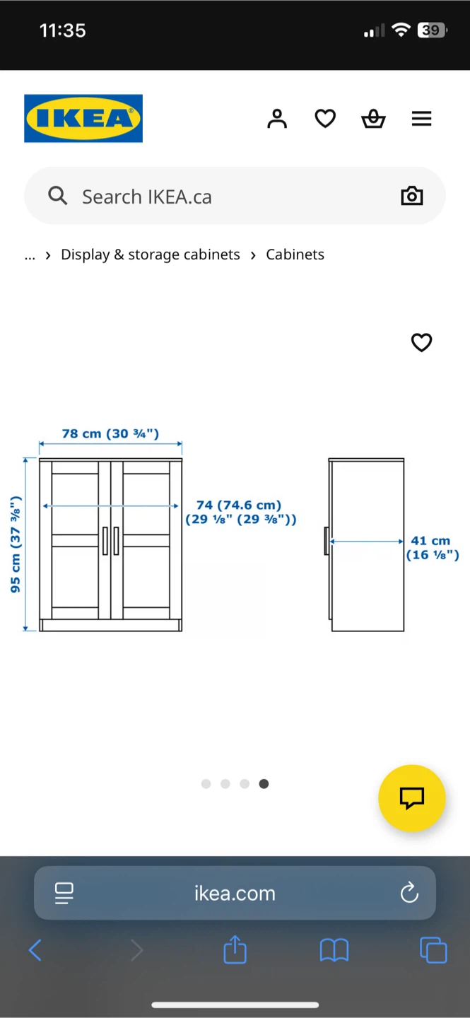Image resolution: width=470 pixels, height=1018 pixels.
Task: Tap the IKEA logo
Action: coord(83,118)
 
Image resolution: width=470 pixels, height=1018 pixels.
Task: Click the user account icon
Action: coord(277,119)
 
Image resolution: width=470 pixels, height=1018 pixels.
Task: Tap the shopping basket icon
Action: coord(373,119)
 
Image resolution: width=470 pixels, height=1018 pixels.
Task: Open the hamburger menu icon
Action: coord(421,119)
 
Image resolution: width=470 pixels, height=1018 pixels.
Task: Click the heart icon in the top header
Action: coord(325,119)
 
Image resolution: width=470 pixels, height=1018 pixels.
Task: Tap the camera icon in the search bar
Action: coord(412,196)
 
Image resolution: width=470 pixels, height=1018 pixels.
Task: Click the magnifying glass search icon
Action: coord(58,196)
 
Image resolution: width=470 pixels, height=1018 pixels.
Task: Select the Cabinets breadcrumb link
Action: coord(295,255)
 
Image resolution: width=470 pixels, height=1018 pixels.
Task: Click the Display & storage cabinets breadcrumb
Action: coord(151,255)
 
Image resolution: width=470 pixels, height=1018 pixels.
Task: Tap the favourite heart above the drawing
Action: coord(421,343)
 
